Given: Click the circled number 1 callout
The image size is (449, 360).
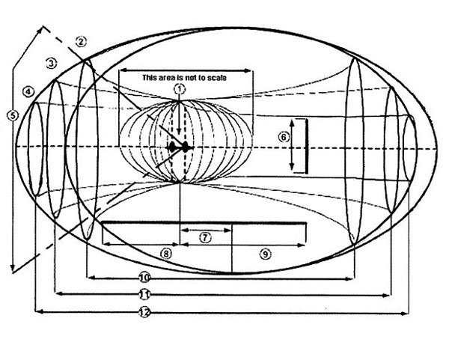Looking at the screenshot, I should [179, 88].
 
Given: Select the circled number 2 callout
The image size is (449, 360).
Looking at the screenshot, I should [82, 42].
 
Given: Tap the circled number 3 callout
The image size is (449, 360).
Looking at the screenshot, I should [51, 64].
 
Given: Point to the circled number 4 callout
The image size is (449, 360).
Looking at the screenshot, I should [28, 92].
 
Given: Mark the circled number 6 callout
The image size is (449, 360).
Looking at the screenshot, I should [283, 137].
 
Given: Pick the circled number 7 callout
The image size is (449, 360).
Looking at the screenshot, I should [204, 237].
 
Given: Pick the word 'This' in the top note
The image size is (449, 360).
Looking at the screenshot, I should [149, 77].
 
